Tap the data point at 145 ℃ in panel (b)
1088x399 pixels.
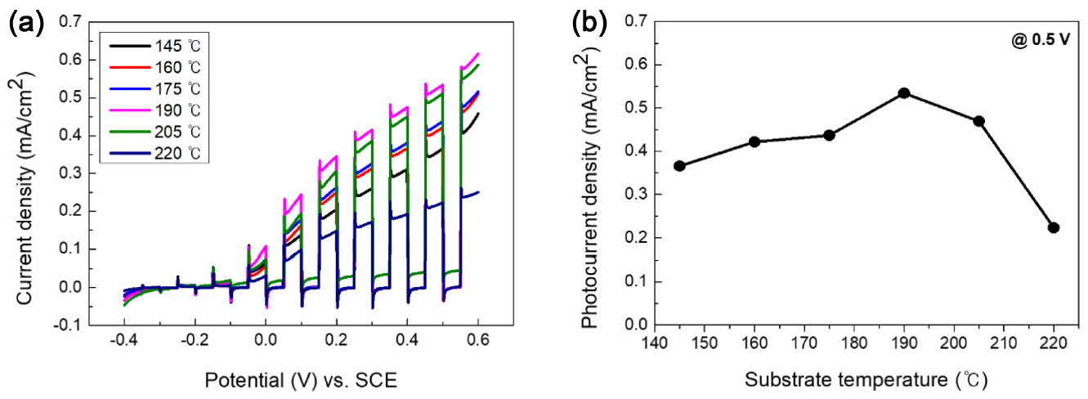click(x=679, y=166)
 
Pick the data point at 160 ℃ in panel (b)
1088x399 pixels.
click(x=754, y=141)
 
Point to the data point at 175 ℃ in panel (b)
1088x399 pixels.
click(x=829, y=135)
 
